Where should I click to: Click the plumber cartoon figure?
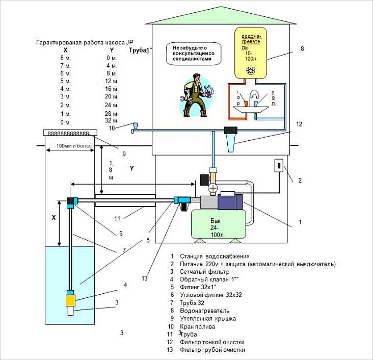click(x=196, y=94)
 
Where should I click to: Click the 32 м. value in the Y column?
click(x=111, y=121)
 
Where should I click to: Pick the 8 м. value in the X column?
click(x=65, y=58)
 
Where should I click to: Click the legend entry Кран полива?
click(x=197, y=326)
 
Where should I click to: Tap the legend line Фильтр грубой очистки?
click(x=212, y=350)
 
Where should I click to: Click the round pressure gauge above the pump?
click(x=214, y=188)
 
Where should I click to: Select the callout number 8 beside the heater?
click(x=302, y=49)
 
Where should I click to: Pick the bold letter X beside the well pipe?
click(x=53, y=216)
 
